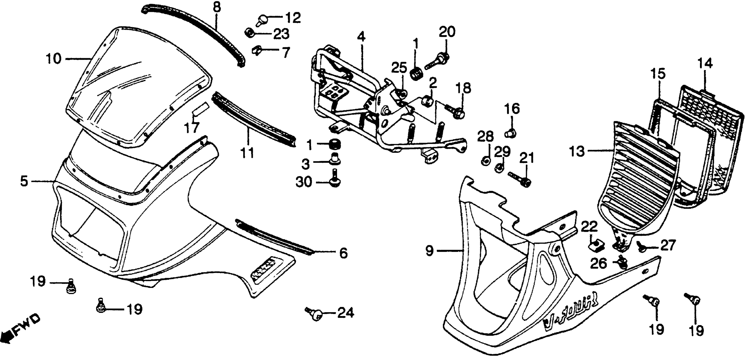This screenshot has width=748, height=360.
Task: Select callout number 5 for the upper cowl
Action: (24, 181)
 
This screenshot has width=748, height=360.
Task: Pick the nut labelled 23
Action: (250, 33)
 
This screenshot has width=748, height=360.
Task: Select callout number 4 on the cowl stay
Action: (361, 37)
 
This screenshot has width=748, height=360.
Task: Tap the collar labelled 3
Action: (335, 159)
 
